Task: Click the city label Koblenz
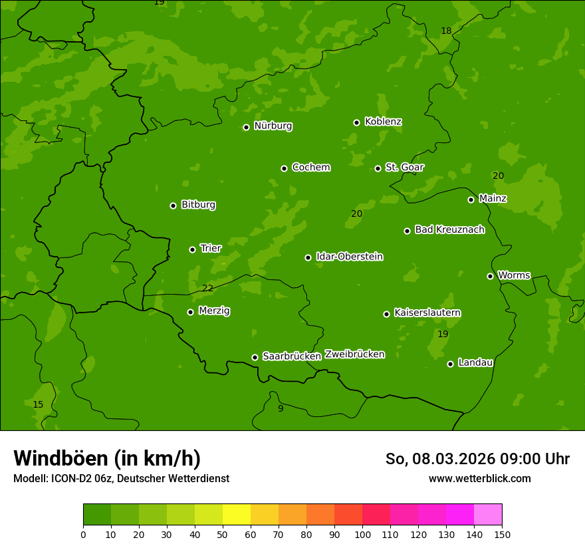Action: (383, 122)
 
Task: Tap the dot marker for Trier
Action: (192, 249)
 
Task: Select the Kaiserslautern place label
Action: (427, 313)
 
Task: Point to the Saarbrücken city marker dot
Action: (255, 357)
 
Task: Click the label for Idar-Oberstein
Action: (349, 257)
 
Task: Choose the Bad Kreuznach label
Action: (449, 229)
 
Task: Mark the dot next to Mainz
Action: (471, 200)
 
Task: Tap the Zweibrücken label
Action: (354, 354)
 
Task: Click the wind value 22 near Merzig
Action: (208, 288)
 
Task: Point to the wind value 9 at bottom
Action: (281, 408)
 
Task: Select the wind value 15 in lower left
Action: (38, 404)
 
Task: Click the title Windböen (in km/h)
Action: (107, 458)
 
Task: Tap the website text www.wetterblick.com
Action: (479, 478)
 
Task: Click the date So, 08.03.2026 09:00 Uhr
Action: (477, 459)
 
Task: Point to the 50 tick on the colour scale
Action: (223, 533)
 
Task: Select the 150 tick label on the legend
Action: (502, 533)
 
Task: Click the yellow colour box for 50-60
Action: (237, 515)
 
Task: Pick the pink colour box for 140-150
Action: (488, 515)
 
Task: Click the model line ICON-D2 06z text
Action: (121, 478)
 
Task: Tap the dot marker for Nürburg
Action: (246, 127)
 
